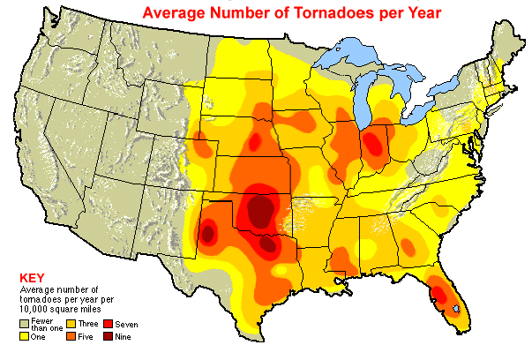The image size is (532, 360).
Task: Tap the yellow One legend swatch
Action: click(25, 335)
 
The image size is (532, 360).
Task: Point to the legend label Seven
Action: click(126, 326)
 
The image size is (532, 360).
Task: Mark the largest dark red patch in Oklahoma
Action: click(261, 211)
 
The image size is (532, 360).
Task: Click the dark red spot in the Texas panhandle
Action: click(209, 234)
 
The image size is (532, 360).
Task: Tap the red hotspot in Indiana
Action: click(378, 141)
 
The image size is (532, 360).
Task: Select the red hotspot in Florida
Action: click(438, 290)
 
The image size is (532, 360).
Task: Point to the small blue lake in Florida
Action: click(455, 308)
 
